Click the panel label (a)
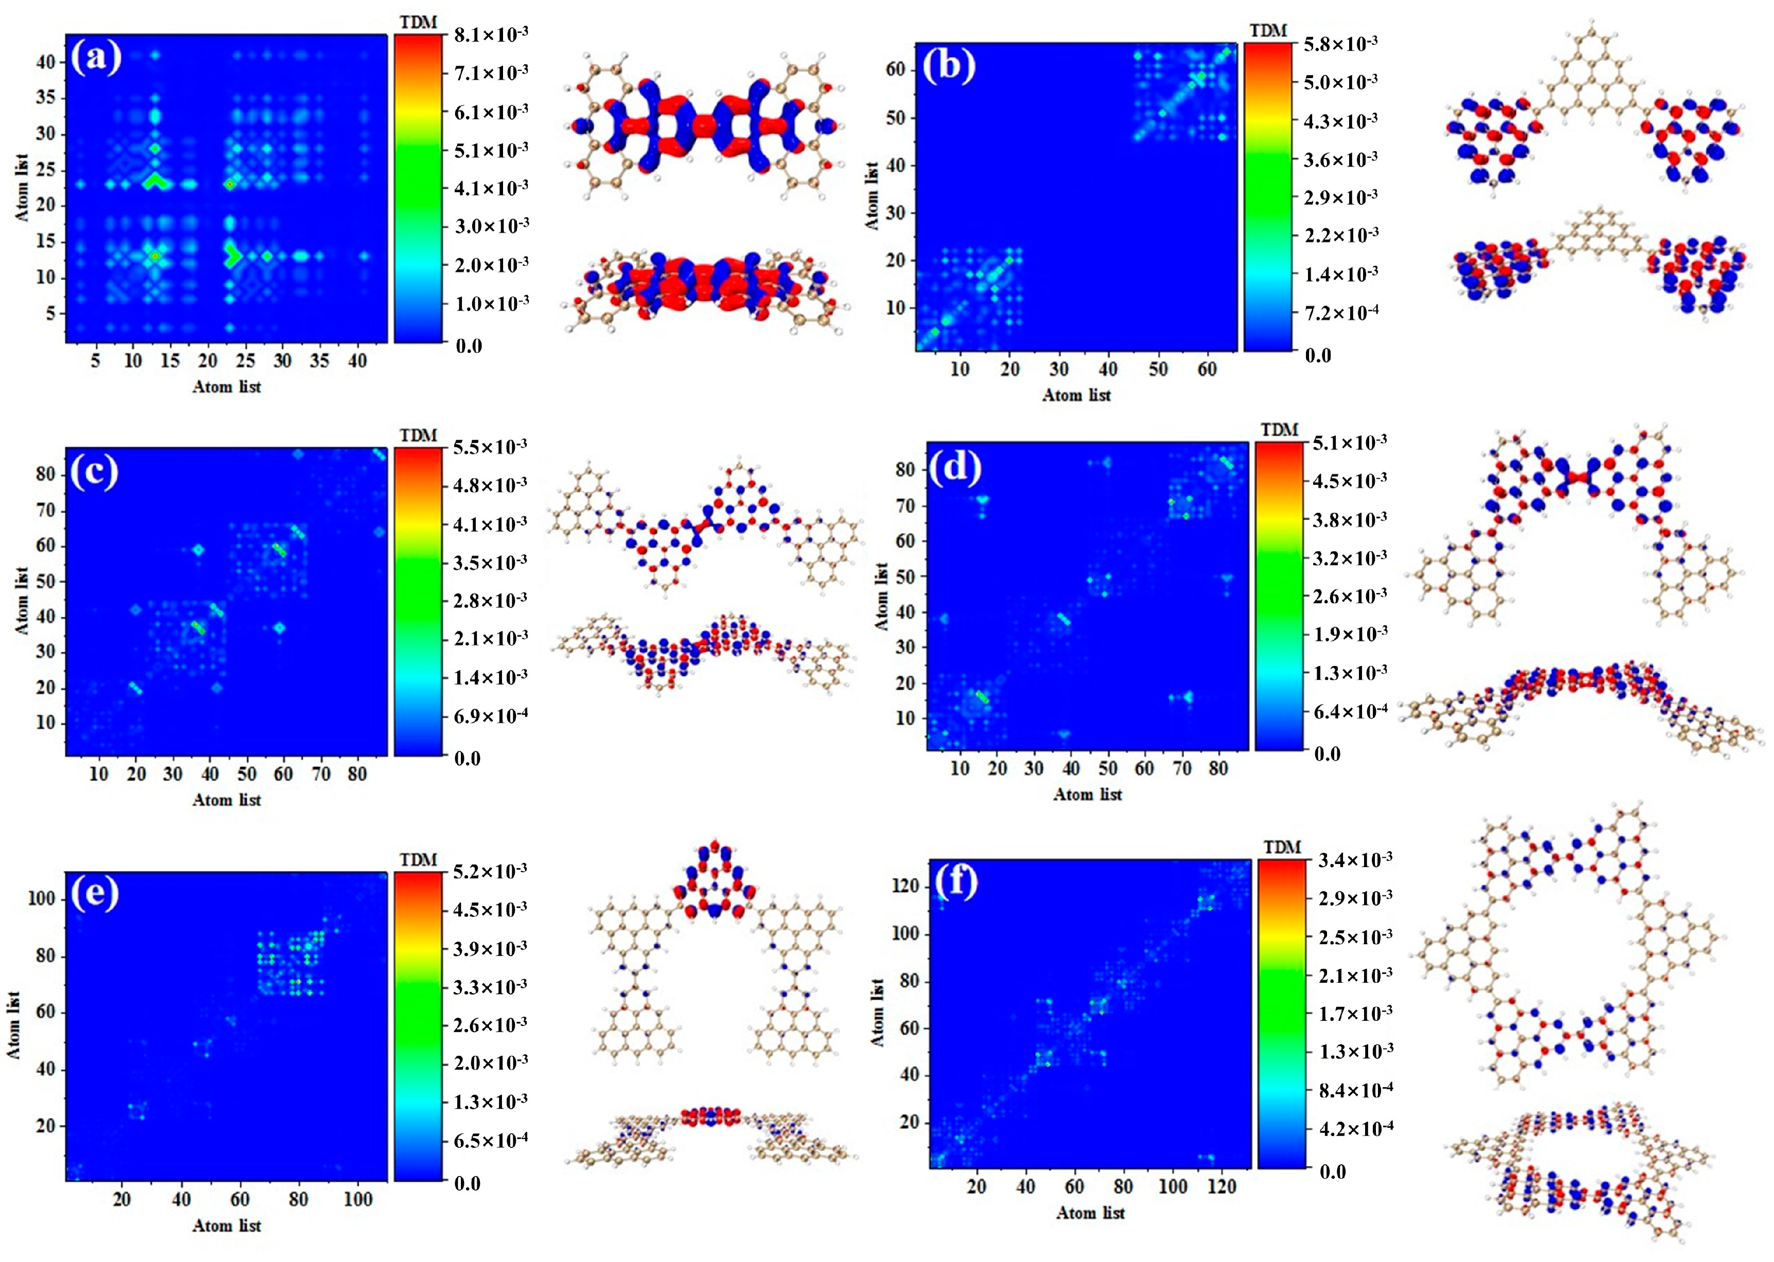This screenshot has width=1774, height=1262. tap(96, 58)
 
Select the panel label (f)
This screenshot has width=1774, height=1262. tap(955, 883)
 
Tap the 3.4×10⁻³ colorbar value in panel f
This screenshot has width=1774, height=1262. tap(1355, 860)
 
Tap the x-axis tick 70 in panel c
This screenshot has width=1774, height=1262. tap(321, 774)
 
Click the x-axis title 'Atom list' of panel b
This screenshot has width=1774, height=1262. tap(1076, 395)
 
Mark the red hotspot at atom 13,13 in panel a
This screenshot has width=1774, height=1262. tap(155, 256)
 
